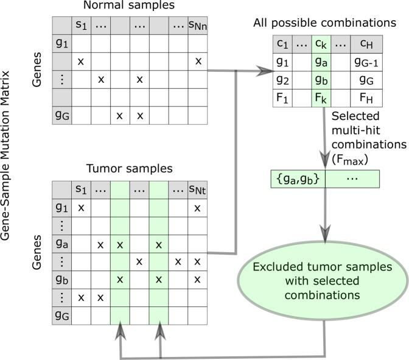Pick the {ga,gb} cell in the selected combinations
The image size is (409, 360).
coord(298,179)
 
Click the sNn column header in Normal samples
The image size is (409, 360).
coord(198,26)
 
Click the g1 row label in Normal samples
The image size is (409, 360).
coord(61,44)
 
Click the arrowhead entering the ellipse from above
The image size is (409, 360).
coord(324,233)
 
